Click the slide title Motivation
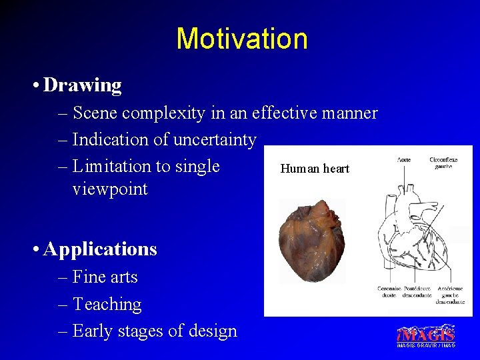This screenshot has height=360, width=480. click(241, 39)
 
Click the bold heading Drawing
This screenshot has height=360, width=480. click(82, 85)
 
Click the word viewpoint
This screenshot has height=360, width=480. click(109, 189)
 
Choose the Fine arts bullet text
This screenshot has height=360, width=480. click(105, 277)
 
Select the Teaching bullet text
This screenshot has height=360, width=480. click(107, 304)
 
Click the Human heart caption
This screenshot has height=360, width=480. click(315, 169)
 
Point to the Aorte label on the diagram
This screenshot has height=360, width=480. click(404, 160)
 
